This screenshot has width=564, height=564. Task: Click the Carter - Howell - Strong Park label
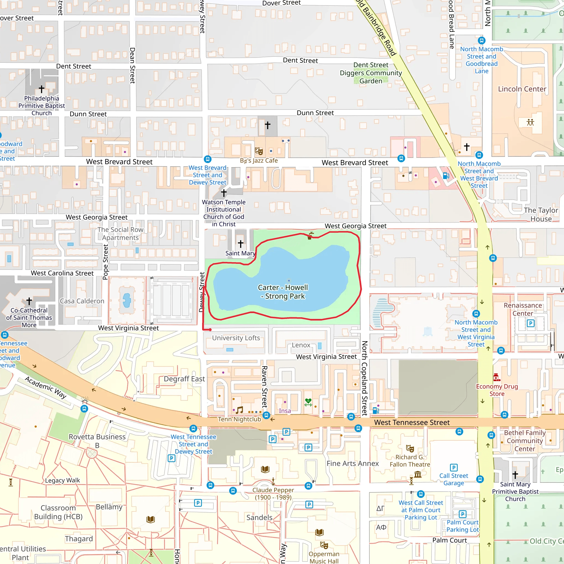[283, 292]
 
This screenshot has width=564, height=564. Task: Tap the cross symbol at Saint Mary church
[240, 243]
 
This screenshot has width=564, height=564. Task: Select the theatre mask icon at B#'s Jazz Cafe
[259, 151]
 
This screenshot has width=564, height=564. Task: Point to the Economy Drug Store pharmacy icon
[497, 378]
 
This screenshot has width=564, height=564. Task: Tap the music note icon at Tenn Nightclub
[239, 410]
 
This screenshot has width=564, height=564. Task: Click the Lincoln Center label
[522, 89]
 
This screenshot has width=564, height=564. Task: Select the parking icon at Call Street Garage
[454, 468]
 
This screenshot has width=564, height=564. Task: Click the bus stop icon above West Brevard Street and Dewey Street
[208, 159]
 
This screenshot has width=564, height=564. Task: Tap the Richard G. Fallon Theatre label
[410, 461]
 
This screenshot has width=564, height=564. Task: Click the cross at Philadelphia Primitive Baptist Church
[42, 88]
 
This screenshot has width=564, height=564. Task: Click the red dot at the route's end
[210, 330]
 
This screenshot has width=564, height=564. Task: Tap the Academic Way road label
[45, 387]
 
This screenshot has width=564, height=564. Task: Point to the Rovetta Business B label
[97, 441]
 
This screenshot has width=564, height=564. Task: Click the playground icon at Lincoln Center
[530, 122]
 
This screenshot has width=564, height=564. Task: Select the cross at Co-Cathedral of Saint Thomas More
[29, 301]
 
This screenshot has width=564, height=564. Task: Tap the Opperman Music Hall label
[324, 557]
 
